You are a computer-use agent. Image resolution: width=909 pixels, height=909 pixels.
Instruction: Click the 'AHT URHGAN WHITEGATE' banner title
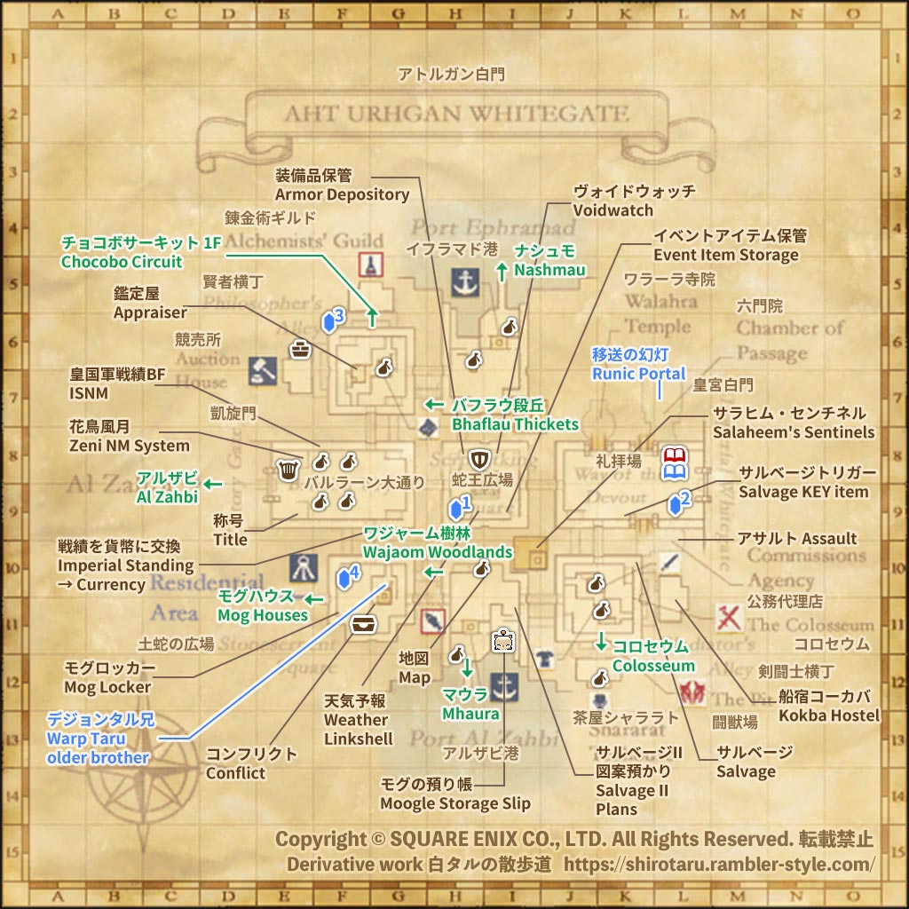click(x=456, y=115)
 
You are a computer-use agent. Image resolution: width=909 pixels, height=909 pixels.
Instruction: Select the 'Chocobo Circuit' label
click(x=122, y=262)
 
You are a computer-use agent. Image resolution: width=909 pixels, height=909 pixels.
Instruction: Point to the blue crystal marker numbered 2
click(x=679, y=502)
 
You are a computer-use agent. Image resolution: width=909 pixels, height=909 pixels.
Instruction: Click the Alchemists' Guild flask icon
click(x=370, y=264)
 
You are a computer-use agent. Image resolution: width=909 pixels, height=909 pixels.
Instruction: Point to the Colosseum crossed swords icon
click(x=730, y=616)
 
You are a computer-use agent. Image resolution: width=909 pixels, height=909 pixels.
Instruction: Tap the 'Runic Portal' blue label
click(x=639, y=374)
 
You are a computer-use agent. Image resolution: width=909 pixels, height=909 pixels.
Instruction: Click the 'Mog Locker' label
click(x=107, y=687)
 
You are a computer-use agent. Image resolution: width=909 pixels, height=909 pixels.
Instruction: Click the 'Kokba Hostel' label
click(x=829, y=715)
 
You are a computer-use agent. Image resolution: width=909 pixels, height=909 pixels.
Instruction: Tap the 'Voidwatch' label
click(x=613, y=210)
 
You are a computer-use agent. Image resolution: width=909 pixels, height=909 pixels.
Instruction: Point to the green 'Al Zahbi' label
click(x=167, y=496)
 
